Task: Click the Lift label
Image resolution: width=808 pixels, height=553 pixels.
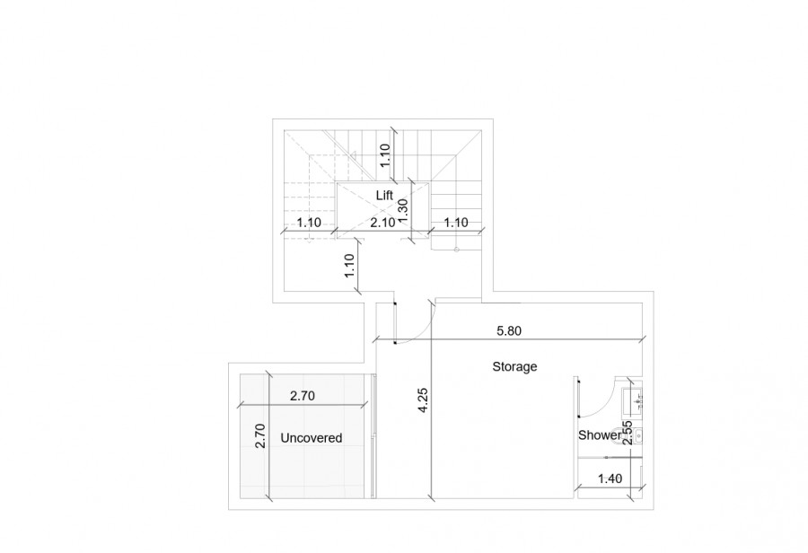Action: click(384, 194)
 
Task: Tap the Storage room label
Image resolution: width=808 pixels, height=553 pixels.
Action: click(514, 366)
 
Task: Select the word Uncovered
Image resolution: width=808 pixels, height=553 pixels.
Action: click(312, 438)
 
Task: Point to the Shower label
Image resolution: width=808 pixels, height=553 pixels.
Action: click(599, 436)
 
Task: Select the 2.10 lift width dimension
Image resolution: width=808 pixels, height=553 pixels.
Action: click(383, 222)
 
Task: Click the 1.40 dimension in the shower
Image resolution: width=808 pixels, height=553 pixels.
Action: click(610, 479)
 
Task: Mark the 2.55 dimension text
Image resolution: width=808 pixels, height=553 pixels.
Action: click(628, 434)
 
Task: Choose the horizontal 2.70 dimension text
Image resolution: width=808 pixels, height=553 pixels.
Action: click(303, 394)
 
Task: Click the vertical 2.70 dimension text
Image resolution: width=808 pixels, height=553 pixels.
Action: click(260, 436)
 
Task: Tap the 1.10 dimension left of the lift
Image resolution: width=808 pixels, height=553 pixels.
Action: click(310, 222)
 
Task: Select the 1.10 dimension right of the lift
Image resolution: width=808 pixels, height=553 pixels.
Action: click(457, 222)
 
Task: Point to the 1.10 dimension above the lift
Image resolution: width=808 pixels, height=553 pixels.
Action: click(385, 156)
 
